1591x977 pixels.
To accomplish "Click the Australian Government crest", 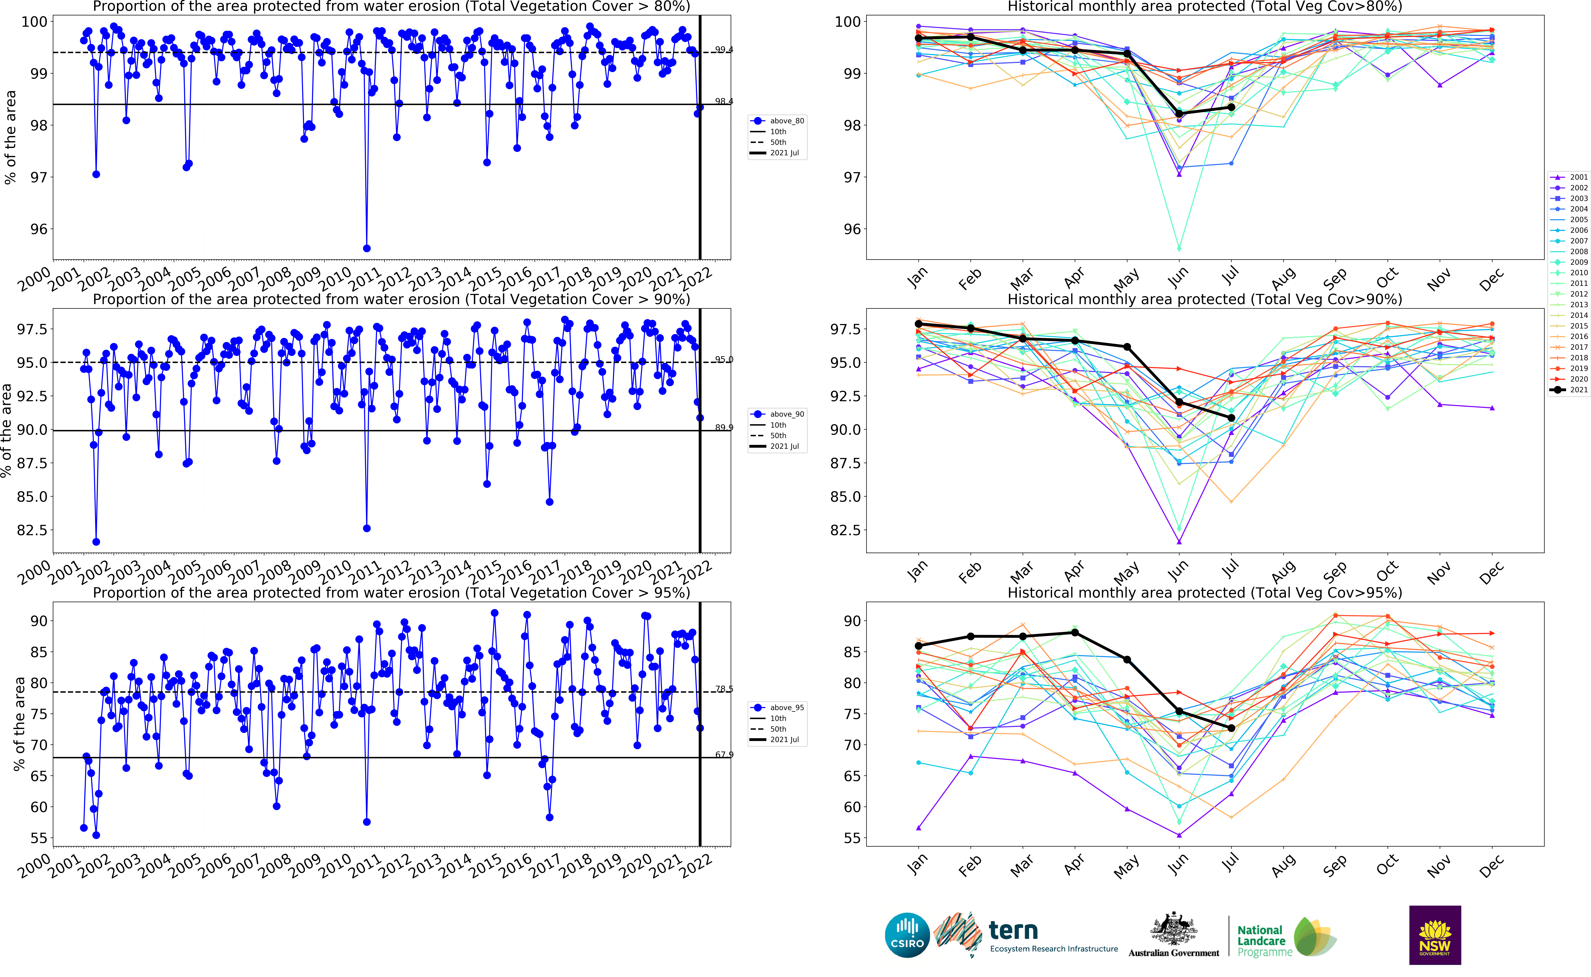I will (1173, 930).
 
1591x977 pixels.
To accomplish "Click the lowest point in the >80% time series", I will (367, 248).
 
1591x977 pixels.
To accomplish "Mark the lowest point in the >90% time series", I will (96, 541).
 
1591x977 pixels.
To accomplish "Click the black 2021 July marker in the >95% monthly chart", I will (1231, 728).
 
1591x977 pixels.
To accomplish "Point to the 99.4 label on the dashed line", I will (723, 50).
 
